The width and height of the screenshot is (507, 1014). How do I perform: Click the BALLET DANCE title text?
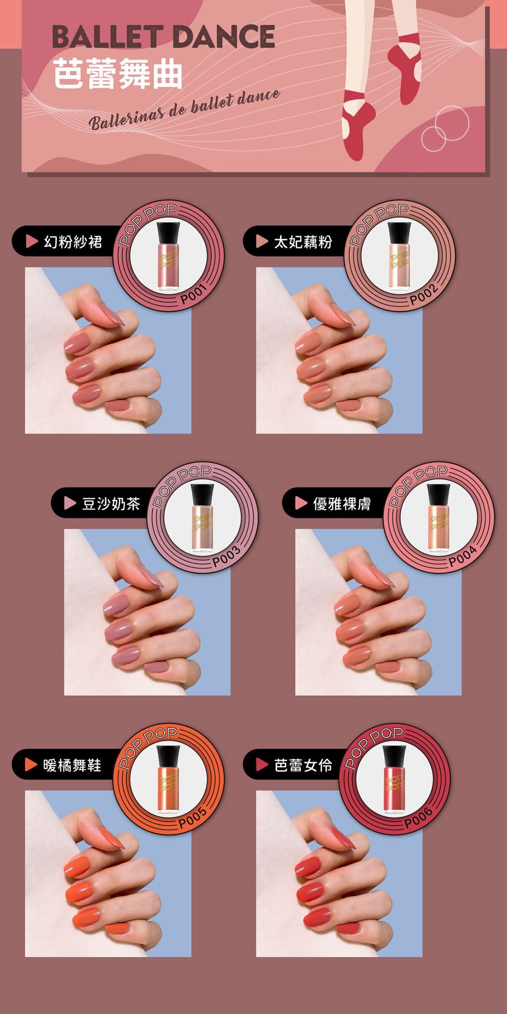coord(163,37)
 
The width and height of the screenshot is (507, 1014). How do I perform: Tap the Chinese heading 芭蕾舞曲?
coord(118,73)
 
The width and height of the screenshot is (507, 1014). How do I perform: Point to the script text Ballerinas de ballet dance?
coord(184,109)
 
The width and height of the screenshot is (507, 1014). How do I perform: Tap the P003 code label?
coord(226,556)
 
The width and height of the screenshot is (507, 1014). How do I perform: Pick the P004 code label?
coord(463,556)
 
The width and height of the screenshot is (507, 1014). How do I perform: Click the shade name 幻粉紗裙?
coord(73,241)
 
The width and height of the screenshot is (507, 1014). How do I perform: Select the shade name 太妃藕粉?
coord(303,241)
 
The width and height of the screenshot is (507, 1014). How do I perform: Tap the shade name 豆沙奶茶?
coord(111,504)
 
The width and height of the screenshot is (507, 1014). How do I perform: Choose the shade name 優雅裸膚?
coord(342,504)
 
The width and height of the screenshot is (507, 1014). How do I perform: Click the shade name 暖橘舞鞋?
coord(72,765)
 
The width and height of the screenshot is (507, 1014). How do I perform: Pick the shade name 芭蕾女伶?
coord(303,765)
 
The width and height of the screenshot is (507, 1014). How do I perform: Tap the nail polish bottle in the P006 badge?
coord(394,780)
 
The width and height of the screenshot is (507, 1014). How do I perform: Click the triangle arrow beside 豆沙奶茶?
coord(70,503)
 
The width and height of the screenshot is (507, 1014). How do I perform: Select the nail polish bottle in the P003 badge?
coord(202,518)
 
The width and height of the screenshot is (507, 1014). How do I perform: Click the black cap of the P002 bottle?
coord(399,233)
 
